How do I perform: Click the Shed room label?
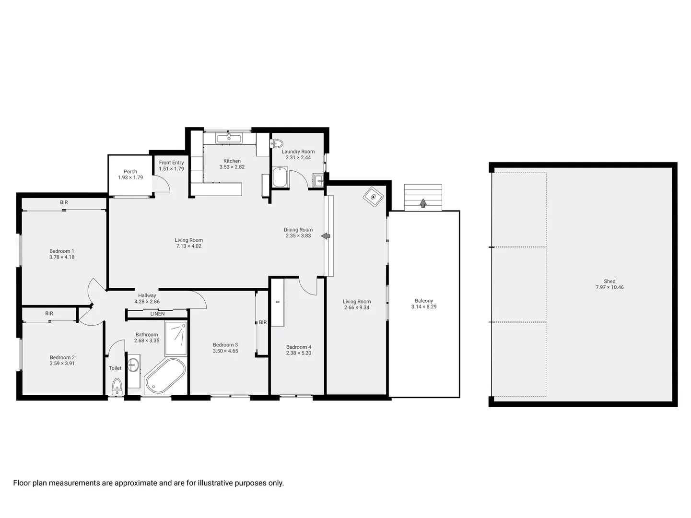(x=609, y=282)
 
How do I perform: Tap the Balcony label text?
(x=423, y=301)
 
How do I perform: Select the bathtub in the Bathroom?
(x=165, y=377)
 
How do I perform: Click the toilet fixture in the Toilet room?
(x=117, y=385)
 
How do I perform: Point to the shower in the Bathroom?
(x=176, y=338)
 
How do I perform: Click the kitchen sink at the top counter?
(x=229, y=139)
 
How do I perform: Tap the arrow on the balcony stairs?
(x=423, y=203)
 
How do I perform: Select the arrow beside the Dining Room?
(x=326, y=236)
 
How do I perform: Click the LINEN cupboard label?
(x=157, y=314)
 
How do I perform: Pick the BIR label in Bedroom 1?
(x=64, y=202)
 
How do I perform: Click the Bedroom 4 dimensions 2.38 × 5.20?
(x=299, y=353)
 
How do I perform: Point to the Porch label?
(x=130, y=171)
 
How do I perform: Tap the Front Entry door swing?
(x=162, y=184)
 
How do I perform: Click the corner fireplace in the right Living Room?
(x=374, y=197)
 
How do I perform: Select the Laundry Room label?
(x=298, y=152)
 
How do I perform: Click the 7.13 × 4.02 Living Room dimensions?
(x=189, y=246)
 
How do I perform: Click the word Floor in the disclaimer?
(x=22, y=483)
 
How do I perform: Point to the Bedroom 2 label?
(x=62, y=357)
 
